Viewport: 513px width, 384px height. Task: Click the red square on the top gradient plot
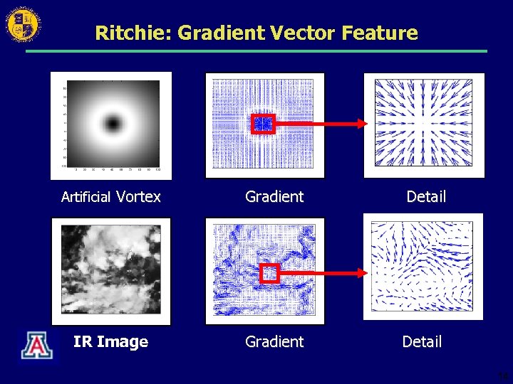click(x=263, y=124)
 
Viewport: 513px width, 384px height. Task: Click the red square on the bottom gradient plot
click(x=269, y=273)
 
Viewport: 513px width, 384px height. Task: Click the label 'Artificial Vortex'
click(x=110, y=197)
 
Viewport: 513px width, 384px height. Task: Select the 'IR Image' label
click(x=110, y=342)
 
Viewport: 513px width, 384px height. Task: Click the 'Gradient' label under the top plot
click(x=274, y=197)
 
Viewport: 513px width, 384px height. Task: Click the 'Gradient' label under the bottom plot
click(x=274, y=342)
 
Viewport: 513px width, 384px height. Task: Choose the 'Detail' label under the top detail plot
click(x=426, y=197)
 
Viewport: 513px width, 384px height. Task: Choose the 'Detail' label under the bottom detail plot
click(x=422, y=342)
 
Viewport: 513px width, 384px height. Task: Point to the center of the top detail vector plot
click(x=424, y=124)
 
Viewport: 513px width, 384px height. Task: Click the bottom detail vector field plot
click(x=423, y=266)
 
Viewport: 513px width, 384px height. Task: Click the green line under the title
click(x=256, y=51)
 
